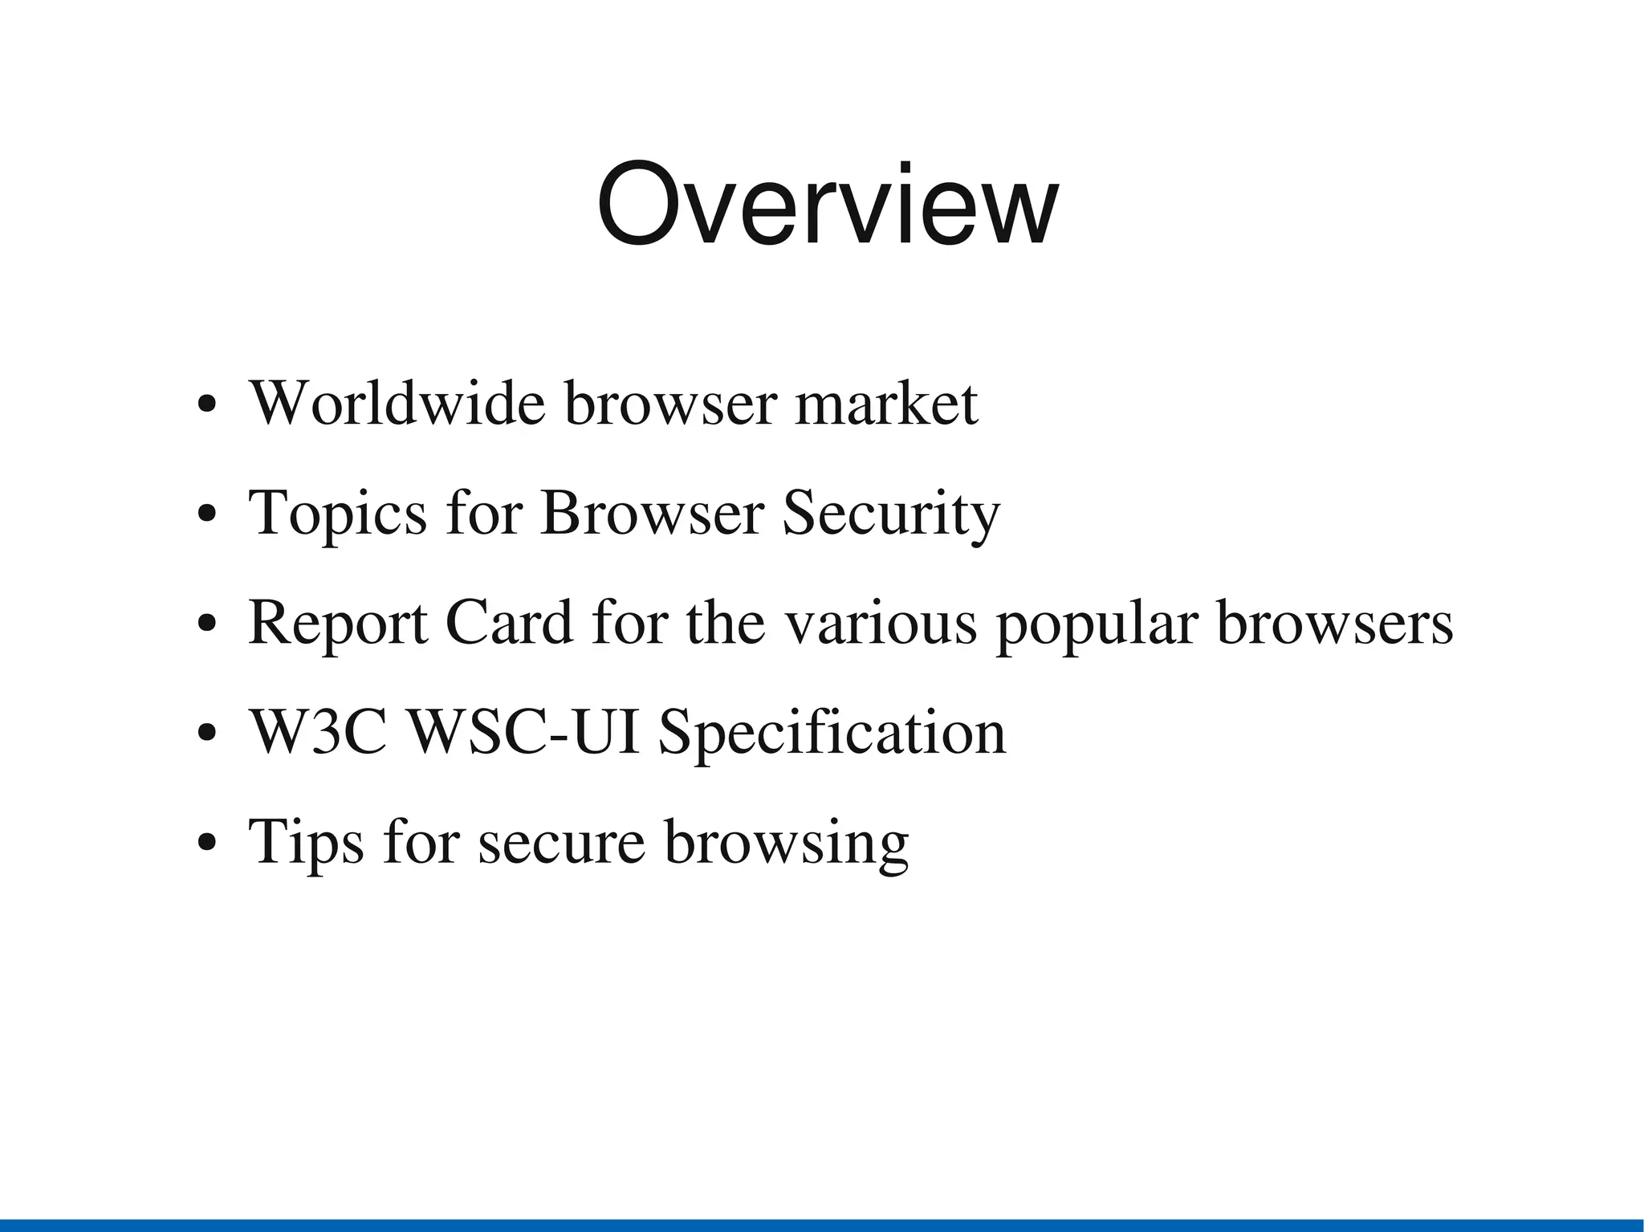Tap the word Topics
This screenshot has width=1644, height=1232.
tap(338, 514)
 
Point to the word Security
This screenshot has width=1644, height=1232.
tap(891, 514)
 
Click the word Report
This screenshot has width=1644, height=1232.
tap(338, 623)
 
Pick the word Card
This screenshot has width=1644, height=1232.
tap(509, 623)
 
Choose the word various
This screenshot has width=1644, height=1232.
tap(880, 623)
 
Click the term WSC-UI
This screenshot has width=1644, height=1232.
tap(524, 732)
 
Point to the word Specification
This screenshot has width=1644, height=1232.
tap(832, 734)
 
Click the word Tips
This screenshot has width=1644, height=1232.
tap(307, 843)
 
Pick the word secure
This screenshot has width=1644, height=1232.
tap(561, 843)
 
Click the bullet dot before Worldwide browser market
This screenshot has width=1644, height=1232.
tap(207, 405)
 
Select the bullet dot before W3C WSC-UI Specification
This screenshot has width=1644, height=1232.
tap(207, 734)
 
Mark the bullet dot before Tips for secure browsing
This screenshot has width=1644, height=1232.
tap(207, 844)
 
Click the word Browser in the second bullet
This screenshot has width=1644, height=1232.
tap(651, 514)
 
